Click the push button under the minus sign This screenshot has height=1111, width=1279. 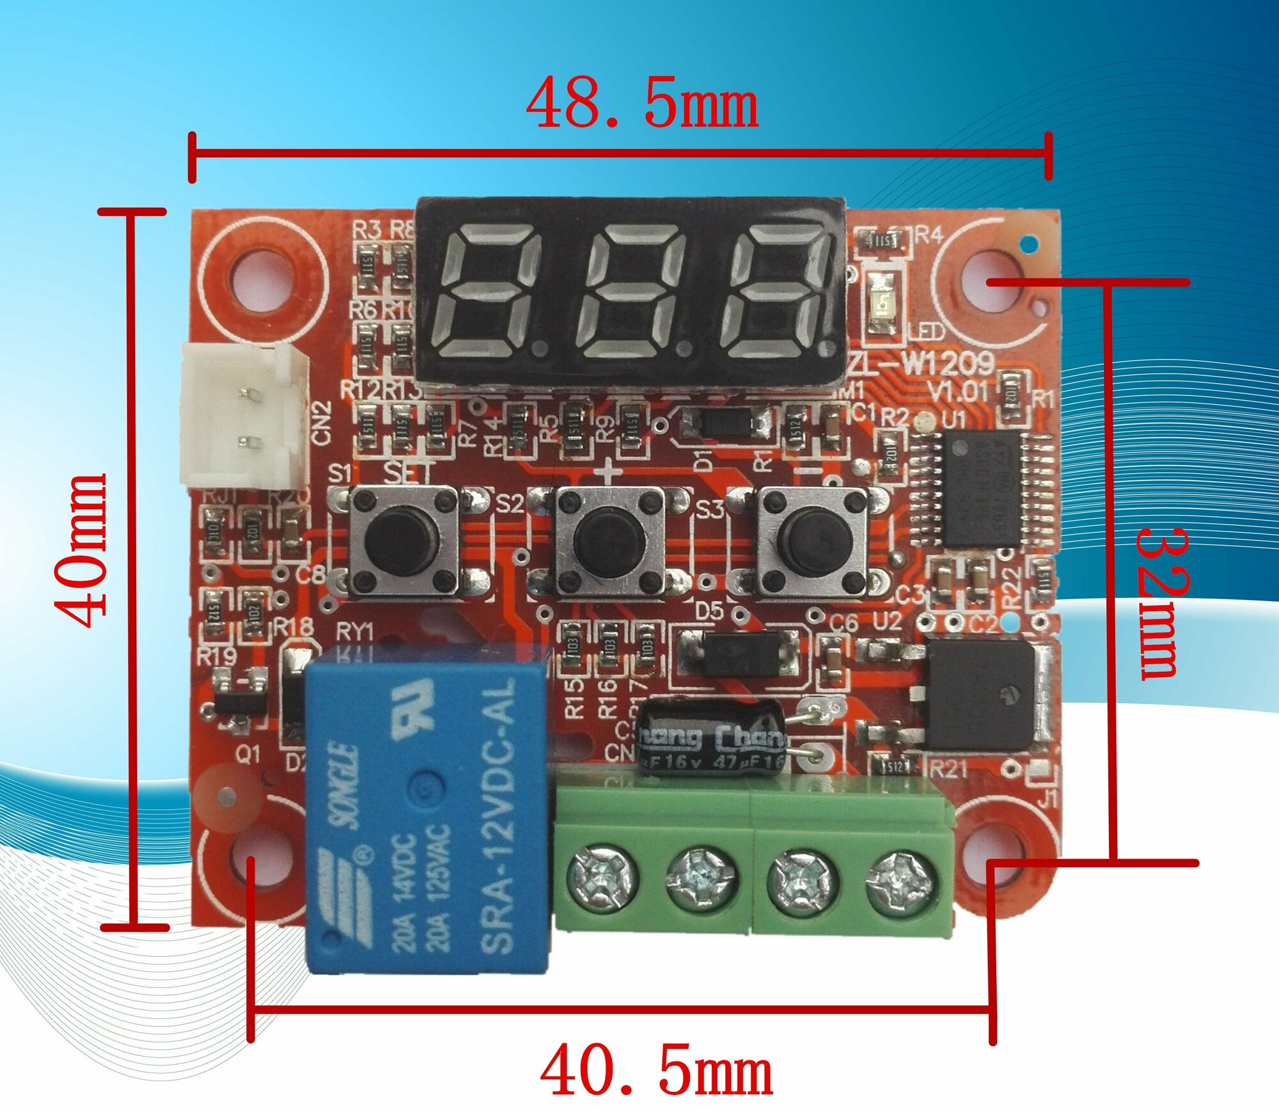point(813,536)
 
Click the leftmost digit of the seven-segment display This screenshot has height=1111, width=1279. point(489,291)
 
